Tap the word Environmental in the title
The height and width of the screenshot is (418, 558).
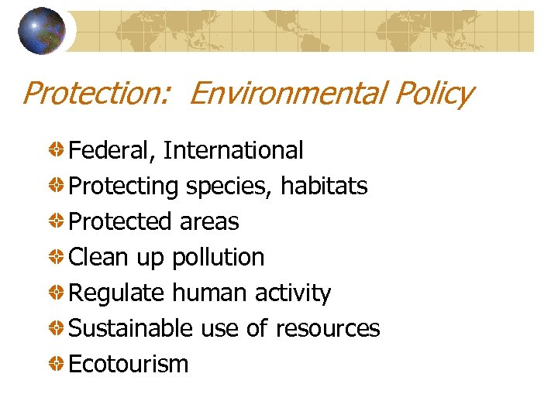286,94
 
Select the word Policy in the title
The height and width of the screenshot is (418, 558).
432,94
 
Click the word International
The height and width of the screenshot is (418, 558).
233,150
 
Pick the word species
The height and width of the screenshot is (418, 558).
228,187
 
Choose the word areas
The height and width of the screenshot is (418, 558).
209,222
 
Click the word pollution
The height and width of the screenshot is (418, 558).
219,258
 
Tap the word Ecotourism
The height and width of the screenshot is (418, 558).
129,365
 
